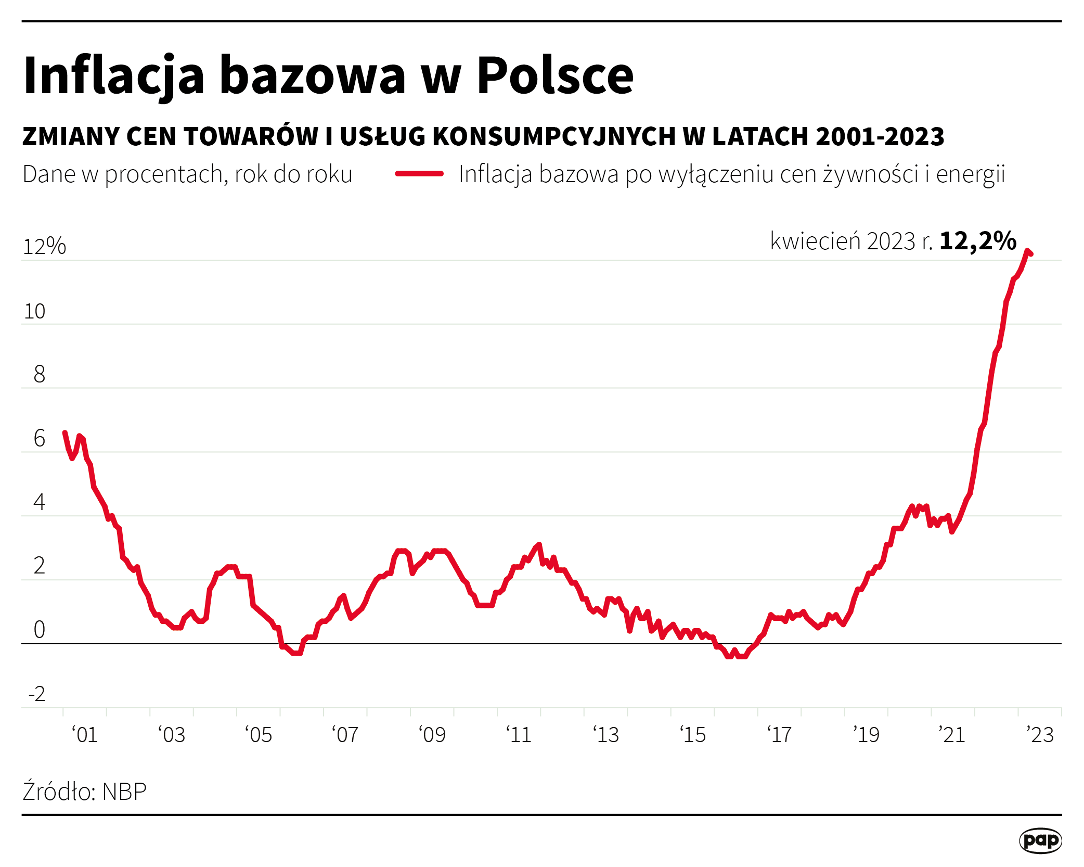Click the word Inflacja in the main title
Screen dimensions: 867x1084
coord(113,75)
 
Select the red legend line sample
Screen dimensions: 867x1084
coord(419,174)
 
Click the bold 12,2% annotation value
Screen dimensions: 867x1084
coord(978,241)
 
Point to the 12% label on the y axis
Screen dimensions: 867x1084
coord(44,246)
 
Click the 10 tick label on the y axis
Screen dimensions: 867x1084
coord(35,311)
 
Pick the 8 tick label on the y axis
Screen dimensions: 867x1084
coord(39,374)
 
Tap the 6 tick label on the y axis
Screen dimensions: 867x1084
coord(39,438)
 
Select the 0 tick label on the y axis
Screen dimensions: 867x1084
coord(39,630)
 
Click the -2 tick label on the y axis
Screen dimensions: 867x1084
coord(36,694)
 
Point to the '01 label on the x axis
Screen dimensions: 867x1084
coord(85,735)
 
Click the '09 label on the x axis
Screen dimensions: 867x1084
coord(432,735)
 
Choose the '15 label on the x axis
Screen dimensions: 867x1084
coord(693,735)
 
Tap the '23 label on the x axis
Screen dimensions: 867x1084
coord(1040,735)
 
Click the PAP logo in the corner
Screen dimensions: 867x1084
coord(1040,840)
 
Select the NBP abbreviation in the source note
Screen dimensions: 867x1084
coord(124,792)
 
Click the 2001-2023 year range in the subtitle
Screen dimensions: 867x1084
coord(880,136)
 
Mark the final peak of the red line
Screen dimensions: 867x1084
coord(1028,251)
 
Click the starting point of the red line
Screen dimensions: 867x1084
coord(64,432)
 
